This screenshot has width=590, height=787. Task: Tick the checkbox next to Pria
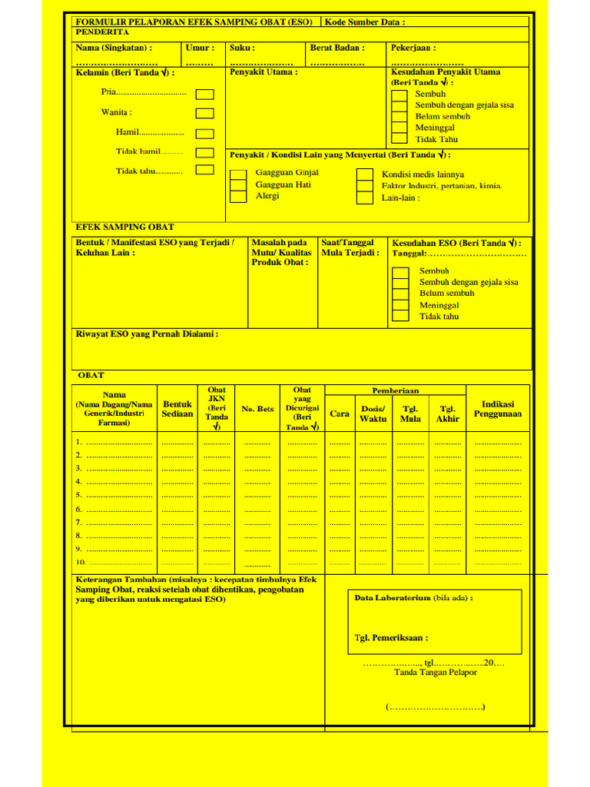(204, 95)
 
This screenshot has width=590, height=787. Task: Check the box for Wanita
(204, 113)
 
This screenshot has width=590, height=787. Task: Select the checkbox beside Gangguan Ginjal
(239, 174)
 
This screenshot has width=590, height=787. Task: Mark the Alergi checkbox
(239, 198)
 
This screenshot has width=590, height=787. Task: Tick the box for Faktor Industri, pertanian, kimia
(365, 186)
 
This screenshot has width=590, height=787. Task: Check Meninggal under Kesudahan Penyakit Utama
(399, 128)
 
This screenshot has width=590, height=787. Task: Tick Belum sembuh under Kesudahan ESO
(400, 294)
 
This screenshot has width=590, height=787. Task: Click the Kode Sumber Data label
(364, 22)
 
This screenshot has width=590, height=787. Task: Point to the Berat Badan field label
(337, 48)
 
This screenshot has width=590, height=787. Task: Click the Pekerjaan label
(413, 48)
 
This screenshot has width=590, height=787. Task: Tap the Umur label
(200, 48)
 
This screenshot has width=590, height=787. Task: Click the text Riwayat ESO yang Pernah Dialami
(147, 334)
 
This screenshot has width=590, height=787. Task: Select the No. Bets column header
(257, 409)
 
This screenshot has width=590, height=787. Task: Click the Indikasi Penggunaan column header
(498, 409)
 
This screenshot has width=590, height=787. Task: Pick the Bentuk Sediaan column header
(177, 409)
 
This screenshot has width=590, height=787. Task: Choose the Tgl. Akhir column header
(447, 414)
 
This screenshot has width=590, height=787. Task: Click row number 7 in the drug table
(78, 522)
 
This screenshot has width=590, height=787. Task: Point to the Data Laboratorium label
(413, 598)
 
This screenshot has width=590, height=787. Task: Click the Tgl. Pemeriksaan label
(391, 637)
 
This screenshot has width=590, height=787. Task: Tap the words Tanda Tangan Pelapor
(436, 672)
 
